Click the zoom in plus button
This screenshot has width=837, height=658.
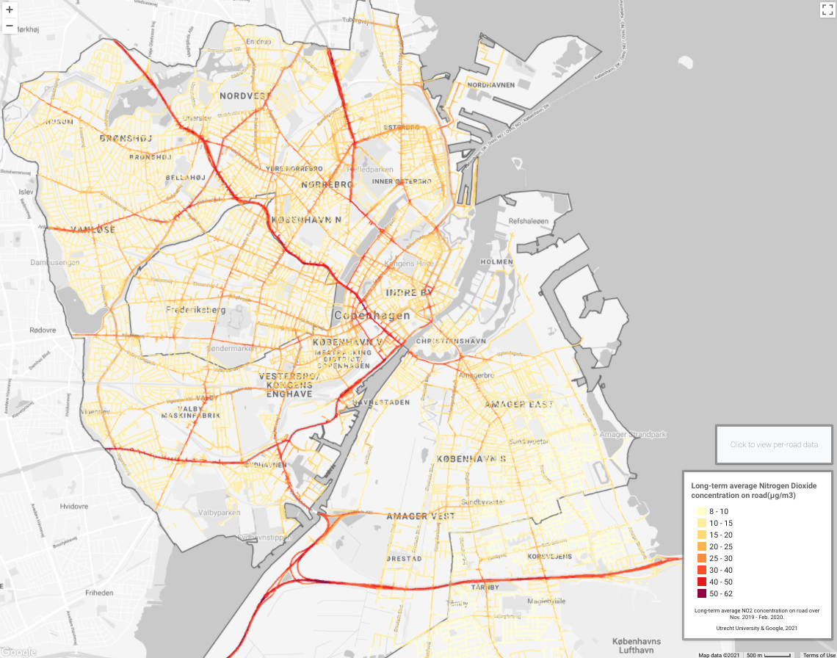(x=10, y=10)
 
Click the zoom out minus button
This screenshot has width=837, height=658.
(x=10, y=26)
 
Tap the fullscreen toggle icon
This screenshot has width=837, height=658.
(x=826, y=10)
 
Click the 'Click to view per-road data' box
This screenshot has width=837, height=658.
(x=774, y=444)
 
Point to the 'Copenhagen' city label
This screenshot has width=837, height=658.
(x=372, y=315)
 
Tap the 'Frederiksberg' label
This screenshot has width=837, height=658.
(x=195, y=310)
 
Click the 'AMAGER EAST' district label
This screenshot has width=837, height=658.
(x=518, y=405)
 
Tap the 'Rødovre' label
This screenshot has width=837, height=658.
(x=42, y=330)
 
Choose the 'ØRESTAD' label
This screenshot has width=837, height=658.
(x=404, y=558)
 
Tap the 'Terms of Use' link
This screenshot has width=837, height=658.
(x=819, y=655)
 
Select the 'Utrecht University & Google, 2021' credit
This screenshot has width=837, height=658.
(x=757, y=628)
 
